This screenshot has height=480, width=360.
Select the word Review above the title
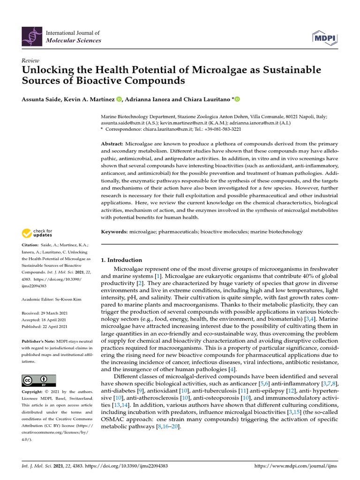(30, 61)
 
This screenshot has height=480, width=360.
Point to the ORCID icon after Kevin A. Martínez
(119, 99)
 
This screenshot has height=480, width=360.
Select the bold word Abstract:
(112, 143)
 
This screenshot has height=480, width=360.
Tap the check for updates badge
(37, 232)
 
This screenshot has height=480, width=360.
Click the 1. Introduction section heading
(121, 260)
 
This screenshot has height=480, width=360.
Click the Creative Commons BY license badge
(39, 380)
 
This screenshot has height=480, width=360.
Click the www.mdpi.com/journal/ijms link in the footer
(295, 467)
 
